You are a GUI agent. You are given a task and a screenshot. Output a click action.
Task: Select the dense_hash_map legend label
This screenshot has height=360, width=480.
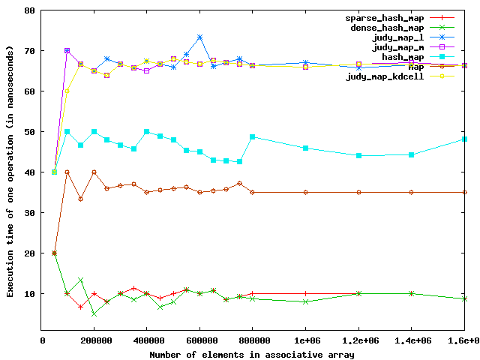point(382,27)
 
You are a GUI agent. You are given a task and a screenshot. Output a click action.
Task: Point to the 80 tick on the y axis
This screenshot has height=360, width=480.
point(29,10)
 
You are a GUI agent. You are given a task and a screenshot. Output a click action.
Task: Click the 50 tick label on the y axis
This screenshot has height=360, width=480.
point(29,132)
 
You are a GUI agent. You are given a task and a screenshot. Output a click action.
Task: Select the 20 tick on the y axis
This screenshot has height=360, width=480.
point(29,253)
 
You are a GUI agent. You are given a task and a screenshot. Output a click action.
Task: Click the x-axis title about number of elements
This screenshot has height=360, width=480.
point(253,353)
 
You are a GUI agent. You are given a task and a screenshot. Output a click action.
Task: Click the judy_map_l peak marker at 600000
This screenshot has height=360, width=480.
point(199,37)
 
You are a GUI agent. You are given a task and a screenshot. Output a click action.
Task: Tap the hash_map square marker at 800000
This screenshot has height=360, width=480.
point(253,137)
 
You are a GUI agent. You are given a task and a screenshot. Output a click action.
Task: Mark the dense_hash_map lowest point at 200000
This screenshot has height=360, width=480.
point(94,313)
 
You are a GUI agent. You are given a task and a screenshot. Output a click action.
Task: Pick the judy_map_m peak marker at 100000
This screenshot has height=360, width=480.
point(67,51)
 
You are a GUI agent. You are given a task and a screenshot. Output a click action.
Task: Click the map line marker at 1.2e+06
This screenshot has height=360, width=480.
point(358,192)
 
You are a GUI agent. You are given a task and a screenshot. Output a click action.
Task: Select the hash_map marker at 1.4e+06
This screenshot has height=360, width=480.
point(411,154)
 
